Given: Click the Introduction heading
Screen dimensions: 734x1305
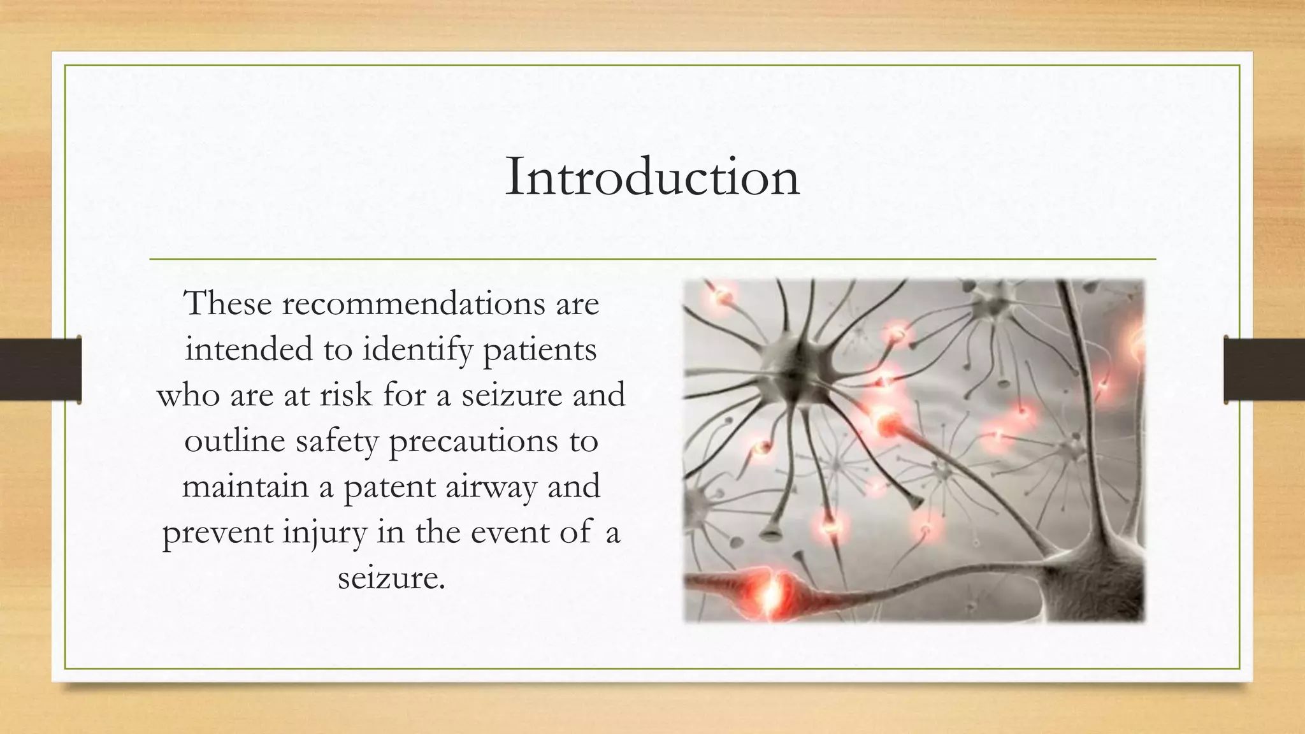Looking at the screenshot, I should pyautogui.click(x=652, y=177).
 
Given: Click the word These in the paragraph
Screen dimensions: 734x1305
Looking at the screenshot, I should pyautogui.click(x=227, y=303).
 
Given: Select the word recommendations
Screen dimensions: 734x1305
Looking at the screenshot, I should pyautogui.click(x=414, y=303).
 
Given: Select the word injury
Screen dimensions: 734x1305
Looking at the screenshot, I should pyautogui.click(x=325, y=533).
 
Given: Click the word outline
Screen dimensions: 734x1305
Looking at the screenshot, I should pyautogui.click(x=234, y=441).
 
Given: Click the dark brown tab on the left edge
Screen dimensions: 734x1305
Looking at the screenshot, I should pyautogui.click(x=40, y=370).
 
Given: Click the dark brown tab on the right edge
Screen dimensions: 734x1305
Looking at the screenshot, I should pyautogui.click(x=1264, y=370).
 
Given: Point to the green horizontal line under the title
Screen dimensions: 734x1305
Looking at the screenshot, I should pyautogui.click(x=652, y=259).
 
